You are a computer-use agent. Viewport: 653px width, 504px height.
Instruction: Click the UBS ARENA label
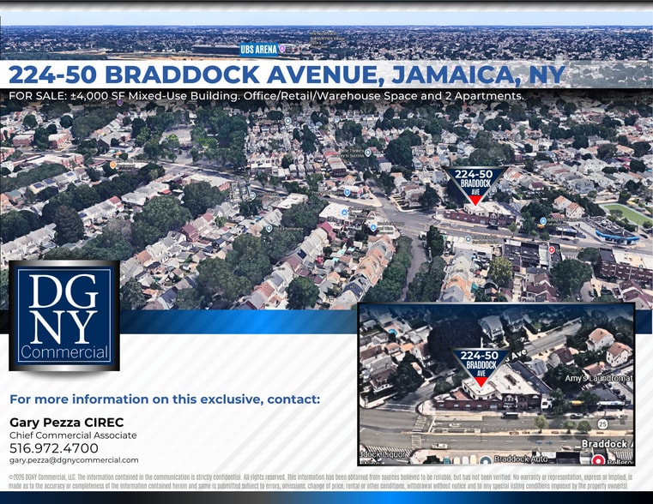click(259, 50)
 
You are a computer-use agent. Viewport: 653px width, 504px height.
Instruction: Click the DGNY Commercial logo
click(63, 315)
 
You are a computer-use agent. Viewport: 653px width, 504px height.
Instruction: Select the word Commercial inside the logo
click(64, 352)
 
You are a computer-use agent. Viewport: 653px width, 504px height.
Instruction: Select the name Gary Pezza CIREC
click(66, 422)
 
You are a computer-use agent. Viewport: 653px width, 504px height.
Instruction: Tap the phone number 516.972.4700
click(53, 448)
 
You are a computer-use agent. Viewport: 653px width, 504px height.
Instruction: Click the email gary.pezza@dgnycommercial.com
click(74, 460)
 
